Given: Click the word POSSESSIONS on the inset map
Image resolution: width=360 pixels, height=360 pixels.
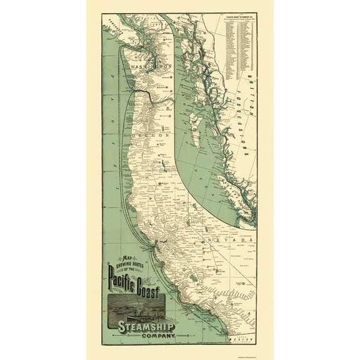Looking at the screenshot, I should point(239,127).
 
